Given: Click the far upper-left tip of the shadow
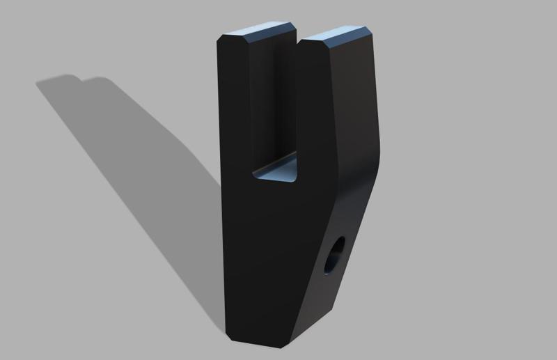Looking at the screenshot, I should pos(39,84).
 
